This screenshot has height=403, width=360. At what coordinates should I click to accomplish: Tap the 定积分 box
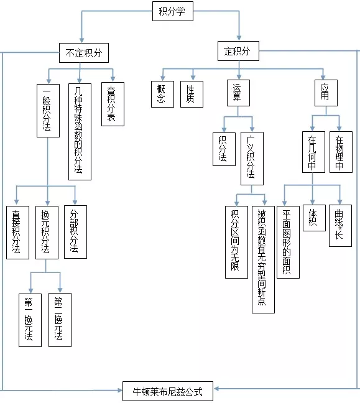(238, 51)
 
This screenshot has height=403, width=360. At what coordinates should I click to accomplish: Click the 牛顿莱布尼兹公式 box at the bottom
(167, 392)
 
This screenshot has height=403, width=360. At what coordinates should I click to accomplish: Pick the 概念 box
(160, 94)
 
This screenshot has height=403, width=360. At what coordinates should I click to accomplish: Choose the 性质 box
(192, 94)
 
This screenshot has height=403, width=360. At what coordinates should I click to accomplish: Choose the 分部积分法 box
(75, 231)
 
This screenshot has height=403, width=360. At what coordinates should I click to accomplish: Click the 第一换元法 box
(29, 319)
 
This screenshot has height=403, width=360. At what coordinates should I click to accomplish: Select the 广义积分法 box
(251, 158)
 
